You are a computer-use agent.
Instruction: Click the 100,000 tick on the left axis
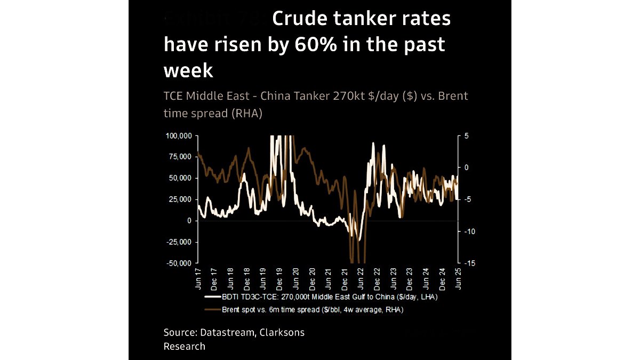[x=179, y=136]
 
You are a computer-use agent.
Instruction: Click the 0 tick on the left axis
[x=189, y=220]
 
